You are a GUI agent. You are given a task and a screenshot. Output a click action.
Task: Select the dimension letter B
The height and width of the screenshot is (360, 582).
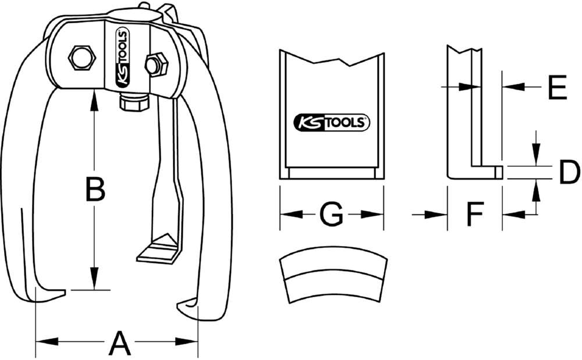coord(95,190)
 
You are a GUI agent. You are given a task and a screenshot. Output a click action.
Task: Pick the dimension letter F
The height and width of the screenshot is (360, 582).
coord(475,215)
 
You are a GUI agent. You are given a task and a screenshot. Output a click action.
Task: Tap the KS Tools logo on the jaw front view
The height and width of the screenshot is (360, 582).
coord(331,122)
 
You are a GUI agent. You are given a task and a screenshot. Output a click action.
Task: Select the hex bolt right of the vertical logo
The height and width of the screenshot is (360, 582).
coord(155,63)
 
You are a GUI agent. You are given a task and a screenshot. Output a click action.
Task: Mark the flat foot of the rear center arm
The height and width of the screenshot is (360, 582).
coord(157,249)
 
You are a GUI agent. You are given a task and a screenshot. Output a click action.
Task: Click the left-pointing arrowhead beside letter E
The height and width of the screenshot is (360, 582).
coord(508,87)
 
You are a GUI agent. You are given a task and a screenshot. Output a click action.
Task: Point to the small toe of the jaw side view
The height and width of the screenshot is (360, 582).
coord(498,171)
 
